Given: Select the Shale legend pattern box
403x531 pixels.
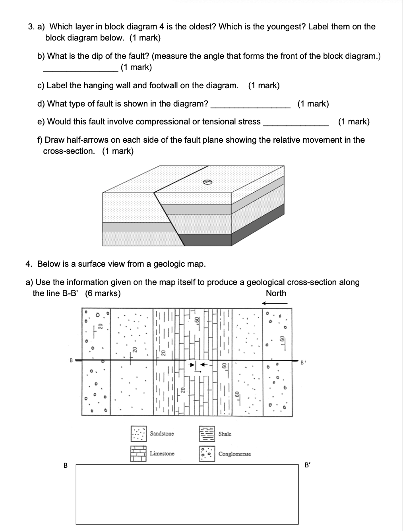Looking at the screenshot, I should tap(207, 434).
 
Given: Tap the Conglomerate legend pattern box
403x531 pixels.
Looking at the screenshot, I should tap(207, 453).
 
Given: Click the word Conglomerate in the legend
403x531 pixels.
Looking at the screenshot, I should tap(234, 454).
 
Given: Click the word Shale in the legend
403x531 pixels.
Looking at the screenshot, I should tap(225, 434).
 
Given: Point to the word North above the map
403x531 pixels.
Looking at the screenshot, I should tap(276, 293).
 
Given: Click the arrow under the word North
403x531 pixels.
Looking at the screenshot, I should tap(275, 303).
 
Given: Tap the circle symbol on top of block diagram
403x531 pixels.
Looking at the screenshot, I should tap(206, 182).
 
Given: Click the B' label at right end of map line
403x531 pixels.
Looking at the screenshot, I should tap(303, 362).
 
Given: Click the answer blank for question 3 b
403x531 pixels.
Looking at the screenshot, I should tap(80, 70).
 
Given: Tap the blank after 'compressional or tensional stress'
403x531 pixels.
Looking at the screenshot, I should tap(296, 125).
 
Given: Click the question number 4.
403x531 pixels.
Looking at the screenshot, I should tap(28, 264).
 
